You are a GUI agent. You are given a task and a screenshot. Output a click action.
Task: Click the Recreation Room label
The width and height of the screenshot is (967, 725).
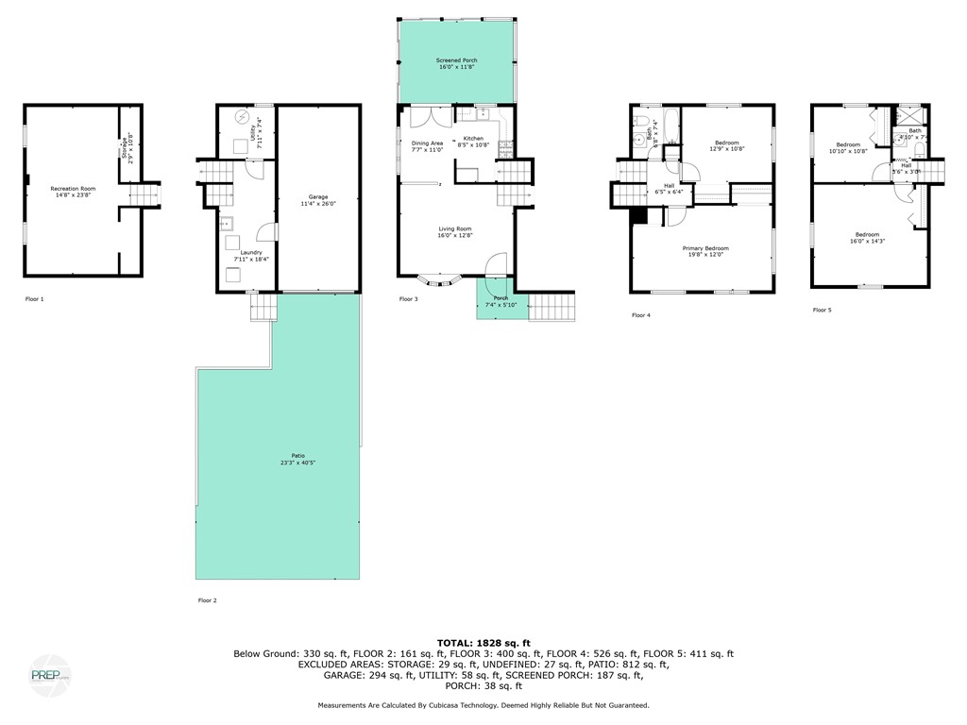pos(73,192)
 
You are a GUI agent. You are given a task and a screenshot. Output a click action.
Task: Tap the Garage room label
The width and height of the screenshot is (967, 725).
pos(319,200)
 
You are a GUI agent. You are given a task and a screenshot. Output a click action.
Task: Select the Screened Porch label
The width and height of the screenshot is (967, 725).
pos(457,63)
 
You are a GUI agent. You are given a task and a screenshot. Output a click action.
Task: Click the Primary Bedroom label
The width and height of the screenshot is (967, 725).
pos(705,251)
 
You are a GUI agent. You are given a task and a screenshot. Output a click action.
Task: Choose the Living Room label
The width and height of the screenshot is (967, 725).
pos(454,232)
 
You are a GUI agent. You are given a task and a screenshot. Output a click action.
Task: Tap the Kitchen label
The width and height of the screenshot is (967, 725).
pos(473,142)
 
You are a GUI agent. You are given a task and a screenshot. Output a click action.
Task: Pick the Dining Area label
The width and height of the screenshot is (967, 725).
pos(427,146)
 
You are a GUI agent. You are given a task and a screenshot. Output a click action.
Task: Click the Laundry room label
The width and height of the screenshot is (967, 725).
pos(250,255)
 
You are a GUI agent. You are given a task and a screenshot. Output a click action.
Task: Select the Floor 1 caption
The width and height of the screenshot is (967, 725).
pos(34,298)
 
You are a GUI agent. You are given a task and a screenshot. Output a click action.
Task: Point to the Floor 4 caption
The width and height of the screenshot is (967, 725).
pos(640,314)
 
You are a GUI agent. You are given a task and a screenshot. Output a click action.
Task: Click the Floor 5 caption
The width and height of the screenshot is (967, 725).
pos(822,309)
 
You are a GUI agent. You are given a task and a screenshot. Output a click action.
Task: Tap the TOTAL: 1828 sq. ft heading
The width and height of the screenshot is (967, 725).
pos(483,641)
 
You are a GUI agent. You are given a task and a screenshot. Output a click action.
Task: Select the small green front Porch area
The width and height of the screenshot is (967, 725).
pos(493,301)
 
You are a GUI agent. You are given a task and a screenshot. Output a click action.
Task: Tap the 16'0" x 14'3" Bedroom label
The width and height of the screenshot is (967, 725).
pos(867,238)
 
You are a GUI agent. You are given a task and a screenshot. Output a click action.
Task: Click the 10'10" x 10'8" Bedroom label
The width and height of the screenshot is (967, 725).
pos(847,147)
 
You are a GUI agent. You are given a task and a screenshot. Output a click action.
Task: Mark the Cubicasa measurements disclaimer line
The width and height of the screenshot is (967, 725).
pos(483,705)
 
